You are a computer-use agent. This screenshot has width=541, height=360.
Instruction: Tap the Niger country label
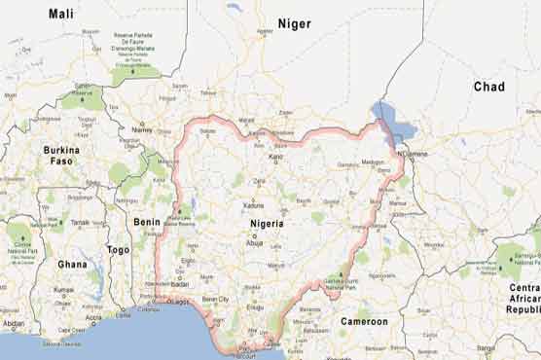click(294, 23)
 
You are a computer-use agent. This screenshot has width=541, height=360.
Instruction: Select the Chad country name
click(488, 87)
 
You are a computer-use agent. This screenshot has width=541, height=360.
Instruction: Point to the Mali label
click(60, 14)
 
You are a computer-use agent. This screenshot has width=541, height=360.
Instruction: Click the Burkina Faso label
click(61, 156)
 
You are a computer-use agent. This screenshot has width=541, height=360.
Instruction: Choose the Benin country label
click(147, 222)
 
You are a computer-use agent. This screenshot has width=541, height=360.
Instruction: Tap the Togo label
click(118, 249)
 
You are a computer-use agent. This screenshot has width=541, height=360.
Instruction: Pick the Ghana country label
click(71, 264)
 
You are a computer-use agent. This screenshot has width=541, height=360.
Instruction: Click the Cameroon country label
click(364, 321)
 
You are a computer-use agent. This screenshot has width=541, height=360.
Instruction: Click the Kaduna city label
click(254, 205)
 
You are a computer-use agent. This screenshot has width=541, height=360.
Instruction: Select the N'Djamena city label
click(413, 156)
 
